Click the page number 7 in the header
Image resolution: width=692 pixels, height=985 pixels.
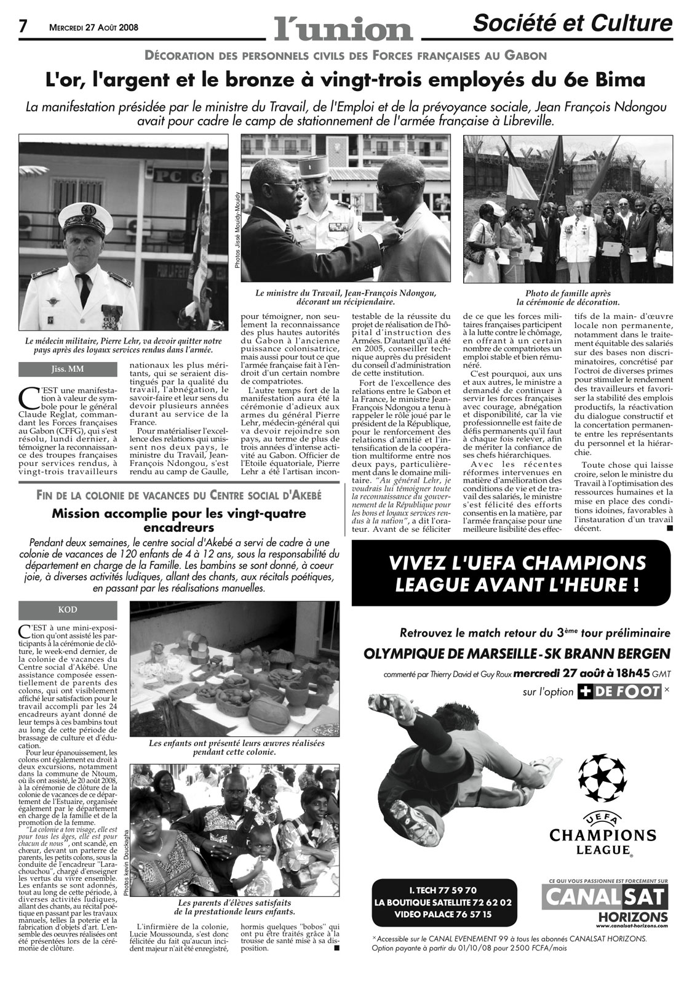(x=23, y=25)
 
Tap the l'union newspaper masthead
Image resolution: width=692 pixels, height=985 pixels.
(x=343, y=26)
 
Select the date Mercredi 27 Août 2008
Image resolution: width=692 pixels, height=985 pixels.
(x=93, y=27)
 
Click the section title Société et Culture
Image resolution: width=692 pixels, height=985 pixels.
(x=572, y=23)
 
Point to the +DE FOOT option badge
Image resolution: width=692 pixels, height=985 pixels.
(x=619, y=691)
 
